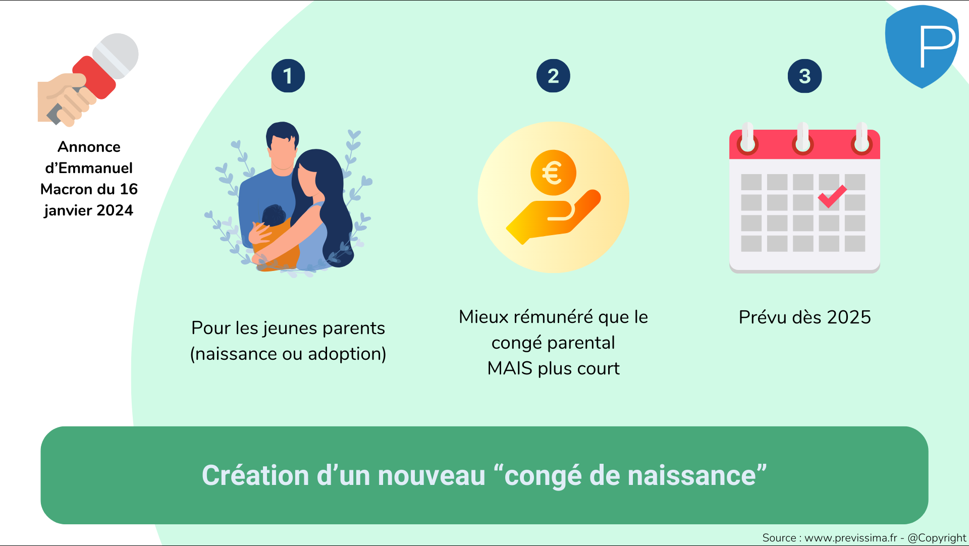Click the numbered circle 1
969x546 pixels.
coord(288,76)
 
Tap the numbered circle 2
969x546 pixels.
coord(553,76)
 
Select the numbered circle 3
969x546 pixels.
coord(804,76)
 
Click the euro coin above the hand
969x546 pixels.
coord(553,173)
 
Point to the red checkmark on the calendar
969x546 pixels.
coord(832,196)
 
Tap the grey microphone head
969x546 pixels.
coord(116,56)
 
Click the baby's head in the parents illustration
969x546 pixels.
coord(274,215)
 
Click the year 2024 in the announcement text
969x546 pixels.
coord(115,210)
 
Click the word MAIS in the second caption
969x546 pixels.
coord(510,368)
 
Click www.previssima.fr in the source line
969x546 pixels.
coord(851,538)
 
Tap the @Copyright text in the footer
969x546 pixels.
coord(937,538)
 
